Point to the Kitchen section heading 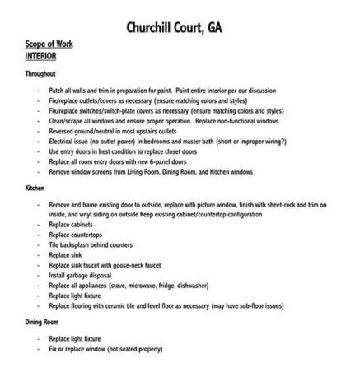click(x=37, y=190)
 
